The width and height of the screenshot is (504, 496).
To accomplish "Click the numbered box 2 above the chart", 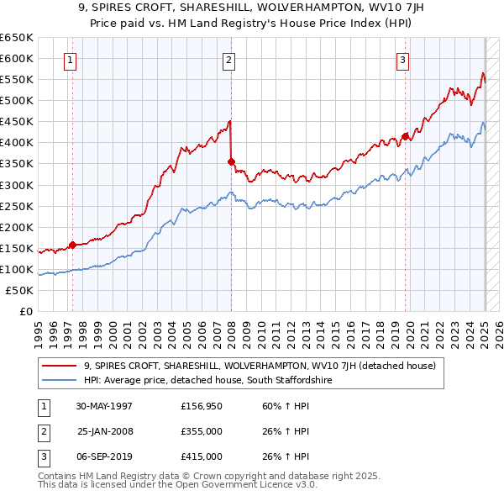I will click(228, 60).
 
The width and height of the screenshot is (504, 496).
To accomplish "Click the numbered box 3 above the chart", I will click(403, 60).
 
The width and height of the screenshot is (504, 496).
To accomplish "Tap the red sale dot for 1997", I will click(73, 245).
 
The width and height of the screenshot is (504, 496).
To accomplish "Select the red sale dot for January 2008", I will click(231, 161).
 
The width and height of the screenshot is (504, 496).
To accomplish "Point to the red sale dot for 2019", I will click(405, 135).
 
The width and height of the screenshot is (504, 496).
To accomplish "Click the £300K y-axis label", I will click(17, 185).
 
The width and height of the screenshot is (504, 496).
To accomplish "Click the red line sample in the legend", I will click(60, 366).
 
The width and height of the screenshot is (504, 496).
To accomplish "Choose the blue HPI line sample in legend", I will click(60, 381).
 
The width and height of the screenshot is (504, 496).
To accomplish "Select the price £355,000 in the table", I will click(202, 431).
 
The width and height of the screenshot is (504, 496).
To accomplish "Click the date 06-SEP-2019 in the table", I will click(105, 456).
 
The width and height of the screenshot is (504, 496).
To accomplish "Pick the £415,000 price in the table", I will click(202, 456).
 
